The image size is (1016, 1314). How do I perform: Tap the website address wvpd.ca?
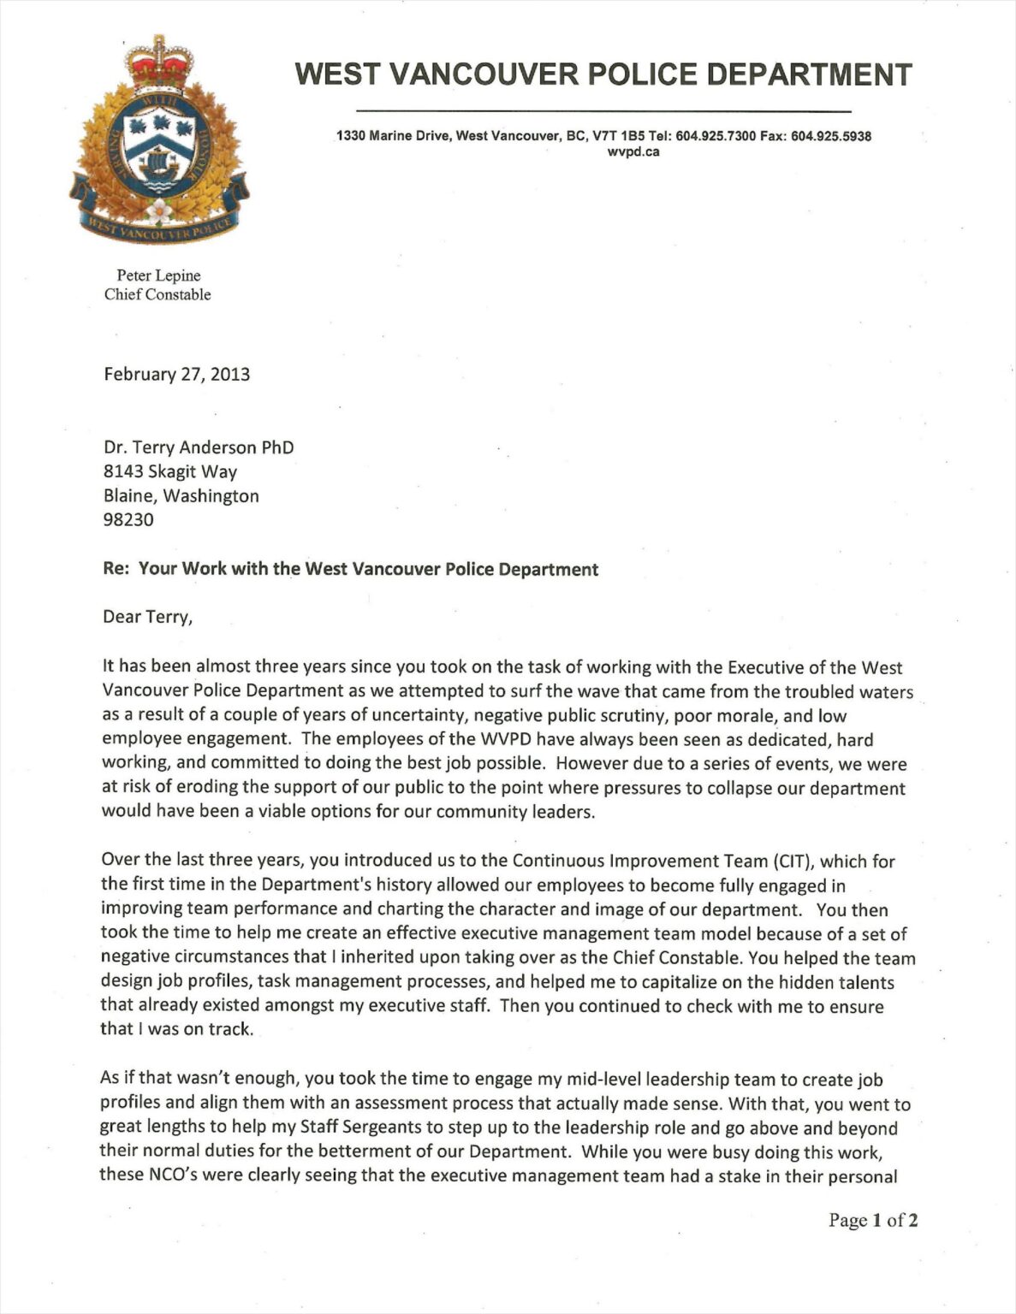pyautogui.click(x=633, y=152)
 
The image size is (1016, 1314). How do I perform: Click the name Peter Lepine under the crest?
pyautogui.click(x=158, y=275)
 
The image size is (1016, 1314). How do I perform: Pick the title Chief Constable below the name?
pyautogui.click(x=157, y=295)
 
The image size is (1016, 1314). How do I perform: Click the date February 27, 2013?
pyautogui.click(x=176, y=374)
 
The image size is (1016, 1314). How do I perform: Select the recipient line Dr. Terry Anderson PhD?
pyautogui.click(x=199, y=447)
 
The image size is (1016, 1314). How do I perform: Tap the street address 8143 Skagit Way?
pyautogui.click(x=170, y=471)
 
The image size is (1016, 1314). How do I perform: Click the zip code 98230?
pyautogui.click(x=128, y=519)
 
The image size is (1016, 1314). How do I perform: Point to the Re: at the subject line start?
pyautogui.click(x=116, y=569)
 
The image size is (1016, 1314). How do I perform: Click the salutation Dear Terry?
pyautogui.click(x=147, y=617)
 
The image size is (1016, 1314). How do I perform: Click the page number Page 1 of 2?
pyautogui.click(x=873, y=1220)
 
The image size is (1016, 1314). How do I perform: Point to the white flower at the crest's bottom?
pyautogui.click(x=159, y=210)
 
